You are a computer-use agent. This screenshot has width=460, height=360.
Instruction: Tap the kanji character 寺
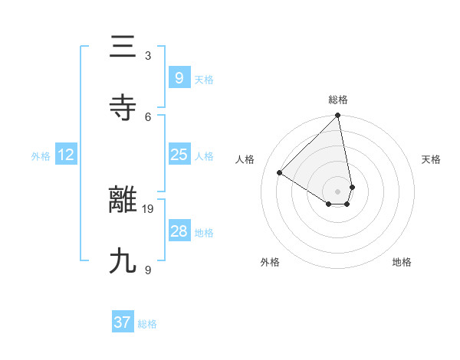(x=123, y=108)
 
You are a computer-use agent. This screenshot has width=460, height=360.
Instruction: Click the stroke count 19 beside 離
(x=148, y=208)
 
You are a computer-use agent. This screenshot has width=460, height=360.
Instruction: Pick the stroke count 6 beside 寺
(x=148, y=116)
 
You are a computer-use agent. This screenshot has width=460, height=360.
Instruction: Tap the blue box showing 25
(x=179, y=155)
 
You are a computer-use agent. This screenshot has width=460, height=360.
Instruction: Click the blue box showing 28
(x=179, y=231)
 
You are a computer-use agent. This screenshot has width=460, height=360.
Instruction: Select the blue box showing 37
(x=123, y=322)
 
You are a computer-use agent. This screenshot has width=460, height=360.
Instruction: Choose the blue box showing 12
(x=65, y=155)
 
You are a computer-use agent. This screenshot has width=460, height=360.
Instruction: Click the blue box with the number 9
(x=179, y=77)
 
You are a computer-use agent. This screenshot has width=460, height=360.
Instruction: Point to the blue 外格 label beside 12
(x=41, y=155)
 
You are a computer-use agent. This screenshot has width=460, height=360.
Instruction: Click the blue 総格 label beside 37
(x=147, y=324)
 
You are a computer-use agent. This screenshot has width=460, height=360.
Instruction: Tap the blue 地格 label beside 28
(x=205, y=232)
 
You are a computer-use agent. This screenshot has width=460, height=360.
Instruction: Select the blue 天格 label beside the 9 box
(x=204, y=79)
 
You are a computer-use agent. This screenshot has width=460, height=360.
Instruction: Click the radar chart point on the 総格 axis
(x=337, y=116)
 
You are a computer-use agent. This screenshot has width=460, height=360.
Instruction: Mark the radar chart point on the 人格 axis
(x=280, y=173)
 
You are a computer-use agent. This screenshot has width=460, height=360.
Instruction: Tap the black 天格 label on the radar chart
(x=431, y=159)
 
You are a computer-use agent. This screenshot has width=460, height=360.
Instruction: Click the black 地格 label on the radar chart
(x=402, y=262)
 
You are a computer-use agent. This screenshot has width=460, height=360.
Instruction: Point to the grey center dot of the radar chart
(x=337, y=191)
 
